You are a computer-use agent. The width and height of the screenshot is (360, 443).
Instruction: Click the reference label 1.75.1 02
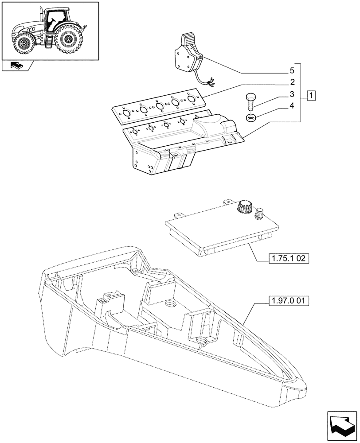point(288,259)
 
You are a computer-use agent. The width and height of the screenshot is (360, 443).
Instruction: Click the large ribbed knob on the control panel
point(244,207)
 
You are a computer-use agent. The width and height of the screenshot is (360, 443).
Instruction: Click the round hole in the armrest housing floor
point(169,305)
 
